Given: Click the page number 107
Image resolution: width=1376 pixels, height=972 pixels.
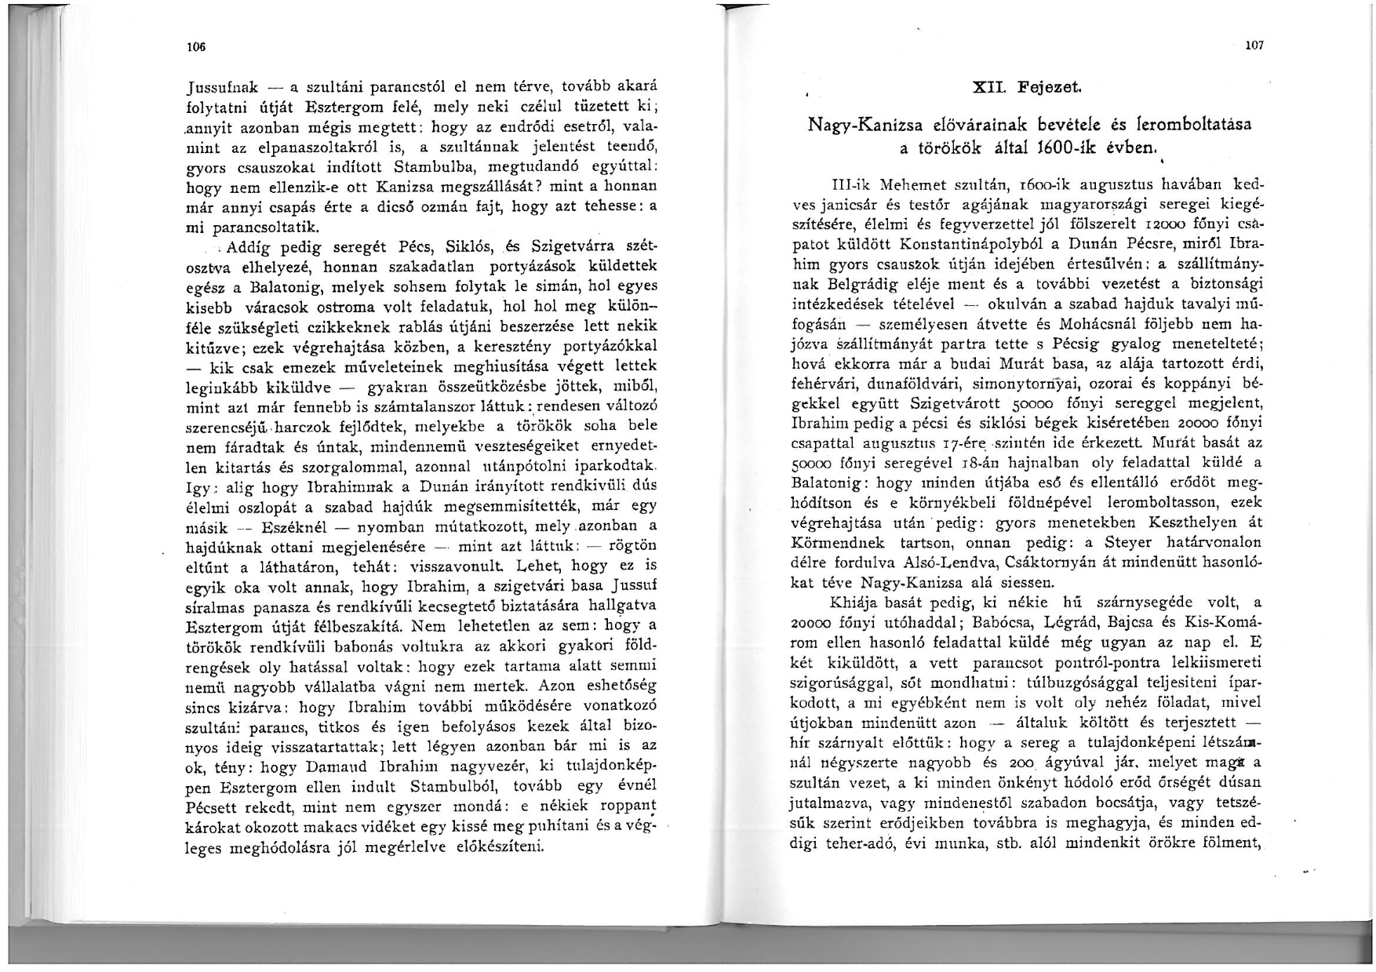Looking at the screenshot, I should point(1254,46).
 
